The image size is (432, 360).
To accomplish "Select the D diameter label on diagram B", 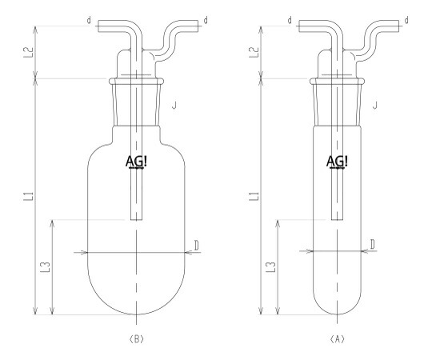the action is [x=197, y=245].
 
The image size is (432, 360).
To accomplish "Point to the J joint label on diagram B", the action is [x=174, y=106].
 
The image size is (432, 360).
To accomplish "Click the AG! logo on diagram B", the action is [x=136, y=162].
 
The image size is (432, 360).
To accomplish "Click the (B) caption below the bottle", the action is [x=136, y=339].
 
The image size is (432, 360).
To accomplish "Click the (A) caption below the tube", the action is [x=338, y=339].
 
